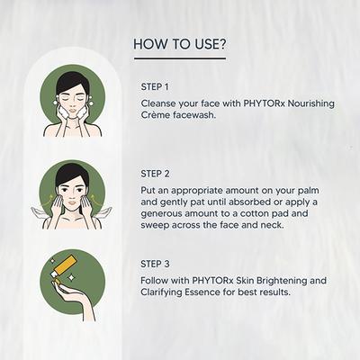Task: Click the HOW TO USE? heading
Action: (x=179, y=43)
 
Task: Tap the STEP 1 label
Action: (x=155, y=86)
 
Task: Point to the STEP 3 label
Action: (x=155, y=264)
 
